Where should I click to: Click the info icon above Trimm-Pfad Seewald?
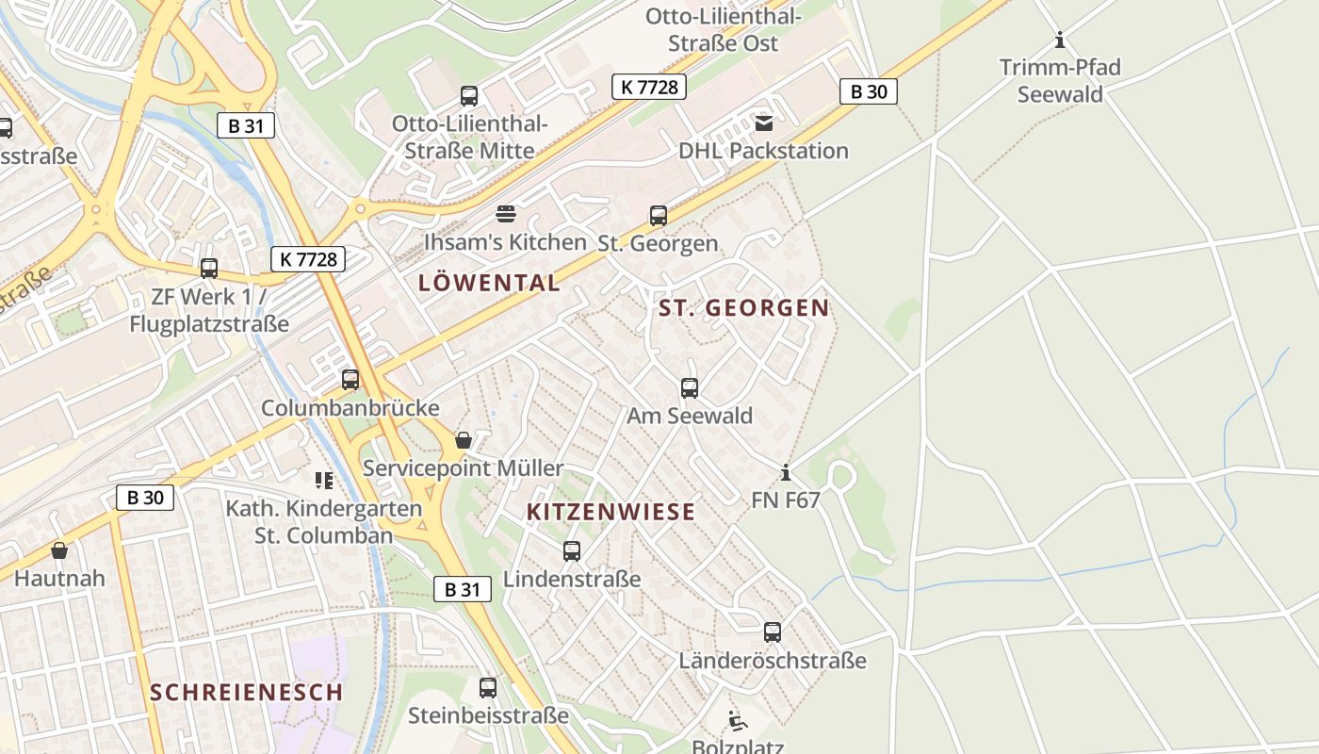coord(1060,40)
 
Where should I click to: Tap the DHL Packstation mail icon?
coord(763,123)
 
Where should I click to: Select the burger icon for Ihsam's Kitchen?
coord(506,213)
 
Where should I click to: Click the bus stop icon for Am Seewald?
coord(690,387)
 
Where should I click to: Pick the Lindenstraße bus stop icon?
coord(572,551)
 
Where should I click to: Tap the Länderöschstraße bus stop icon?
coord(773,632)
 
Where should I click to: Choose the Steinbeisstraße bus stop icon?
coord(488,688)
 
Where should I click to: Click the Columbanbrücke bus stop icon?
coord(350,380)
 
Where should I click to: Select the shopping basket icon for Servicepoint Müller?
coord(464,440)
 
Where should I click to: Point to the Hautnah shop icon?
coord(59,550)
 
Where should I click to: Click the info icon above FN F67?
coord(786,471)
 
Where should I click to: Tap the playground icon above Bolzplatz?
coord(738,721)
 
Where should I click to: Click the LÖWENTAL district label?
coord(489,283)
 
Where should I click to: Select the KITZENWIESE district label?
coord(611,512)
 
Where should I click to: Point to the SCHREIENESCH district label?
coord(246,692)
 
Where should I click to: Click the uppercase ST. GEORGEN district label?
coord(743,307)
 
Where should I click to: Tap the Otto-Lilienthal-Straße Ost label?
coord(723,29)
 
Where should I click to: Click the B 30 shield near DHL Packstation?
coord(868,91)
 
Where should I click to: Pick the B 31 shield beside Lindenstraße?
coord(463,590)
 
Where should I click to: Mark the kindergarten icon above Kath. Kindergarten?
coord(324,481)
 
